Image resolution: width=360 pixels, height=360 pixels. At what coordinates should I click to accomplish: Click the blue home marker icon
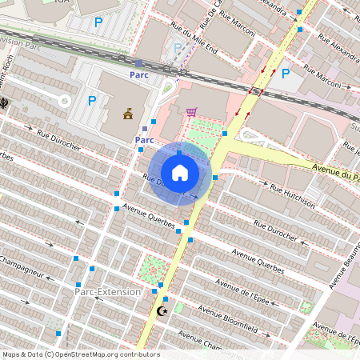[180, 172]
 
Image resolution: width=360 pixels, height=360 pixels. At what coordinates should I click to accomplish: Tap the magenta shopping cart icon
[191, 112]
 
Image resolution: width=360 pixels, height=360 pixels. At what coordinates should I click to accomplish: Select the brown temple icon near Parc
[127, 114]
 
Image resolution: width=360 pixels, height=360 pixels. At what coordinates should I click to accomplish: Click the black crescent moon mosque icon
[163, 310]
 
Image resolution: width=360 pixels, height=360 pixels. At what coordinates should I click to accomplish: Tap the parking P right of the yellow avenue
[285, 73]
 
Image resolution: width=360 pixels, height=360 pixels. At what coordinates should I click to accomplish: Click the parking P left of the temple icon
[92, 101]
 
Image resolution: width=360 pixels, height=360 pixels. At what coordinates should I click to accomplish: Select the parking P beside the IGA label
[98, 23]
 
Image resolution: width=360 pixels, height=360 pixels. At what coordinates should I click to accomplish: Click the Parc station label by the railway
[139, 74]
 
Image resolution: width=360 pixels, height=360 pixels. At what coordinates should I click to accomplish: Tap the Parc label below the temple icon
[144, 140]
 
